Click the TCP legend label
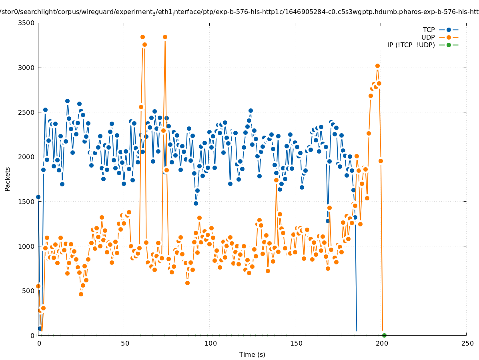click(x=429, y=30)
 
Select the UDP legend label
click(x=428, y=37)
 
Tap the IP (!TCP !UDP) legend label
click(x=411, y=45)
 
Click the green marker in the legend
click(x=449, y=45)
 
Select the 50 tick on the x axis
click(x=125, y=343)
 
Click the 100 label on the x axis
click(x=210, y=343)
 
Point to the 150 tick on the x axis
click(x=296, y=343)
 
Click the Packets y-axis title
click(x=8, y=179)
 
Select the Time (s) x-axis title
click(x=252, y=354)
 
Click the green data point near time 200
click(x=384, y=335)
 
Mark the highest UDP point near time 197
click(x=377, y=66)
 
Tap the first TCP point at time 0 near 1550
click(x=38, y=197)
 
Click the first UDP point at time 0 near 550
click(x=38, y=286)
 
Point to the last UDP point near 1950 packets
click(x=381, y=161)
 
